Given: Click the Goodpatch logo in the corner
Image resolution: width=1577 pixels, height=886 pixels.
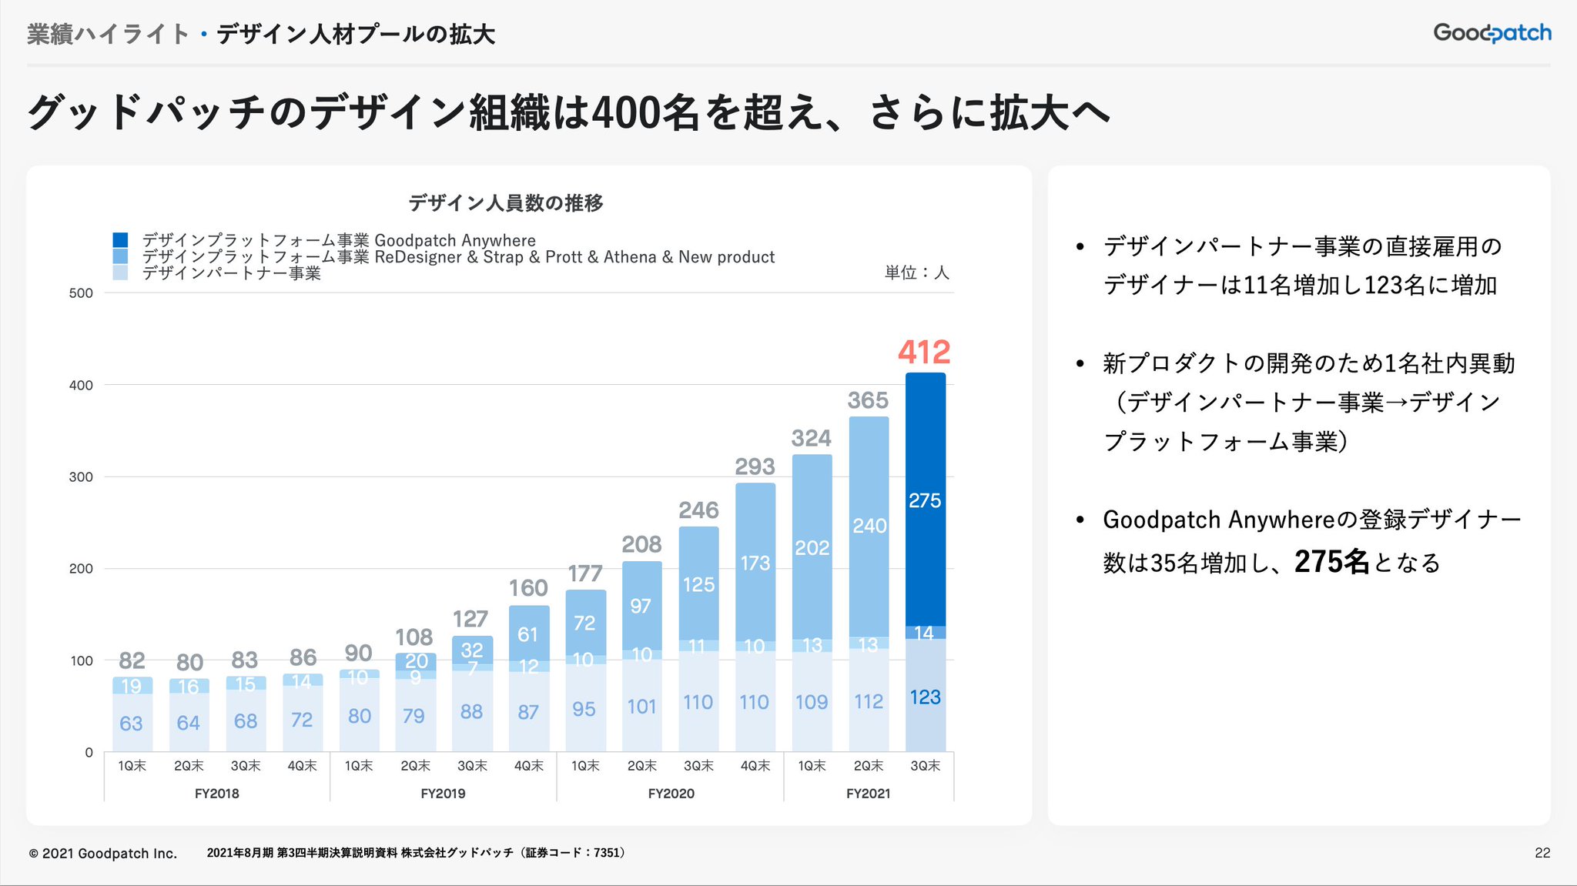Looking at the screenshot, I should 1492,33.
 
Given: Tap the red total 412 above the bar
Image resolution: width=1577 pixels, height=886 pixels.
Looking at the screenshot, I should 924,353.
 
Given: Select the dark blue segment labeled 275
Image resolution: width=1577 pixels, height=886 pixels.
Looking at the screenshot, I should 925,500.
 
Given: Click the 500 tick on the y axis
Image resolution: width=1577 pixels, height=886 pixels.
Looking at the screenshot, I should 81,293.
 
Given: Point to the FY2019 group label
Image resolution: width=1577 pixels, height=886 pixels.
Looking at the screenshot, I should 443,794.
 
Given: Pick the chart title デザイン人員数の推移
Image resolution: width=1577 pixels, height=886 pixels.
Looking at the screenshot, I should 506,203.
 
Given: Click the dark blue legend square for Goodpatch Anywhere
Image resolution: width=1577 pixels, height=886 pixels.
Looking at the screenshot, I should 120,240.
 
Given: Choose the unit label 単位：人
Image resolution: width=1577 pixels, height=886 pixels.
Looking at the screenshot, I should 916,272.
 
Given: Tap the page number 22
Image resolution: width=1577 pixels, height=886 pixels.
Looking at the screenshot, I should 1542,853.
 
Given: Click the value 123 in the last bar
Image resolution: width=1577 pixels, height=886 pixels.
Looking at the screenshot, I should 925,697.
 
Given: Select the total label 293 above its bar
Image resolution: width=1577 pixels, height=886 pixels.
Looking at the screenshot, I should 755,466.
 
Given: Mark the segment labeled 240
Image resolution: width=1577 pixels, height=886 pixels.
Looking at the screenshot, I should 869,526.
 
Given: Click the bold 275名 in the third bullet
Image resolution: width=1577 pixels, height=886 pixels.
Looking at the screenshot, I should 1331,562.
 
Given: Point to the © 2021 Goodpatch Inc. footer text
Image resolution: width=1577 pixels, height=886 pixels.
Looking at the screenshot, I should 103,854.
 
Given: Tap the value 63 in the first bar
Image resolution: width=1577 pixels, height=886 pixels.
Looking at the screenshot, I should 131,724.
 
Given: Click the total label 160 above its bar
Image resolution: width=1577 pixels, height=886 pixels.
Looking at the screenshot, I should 528,588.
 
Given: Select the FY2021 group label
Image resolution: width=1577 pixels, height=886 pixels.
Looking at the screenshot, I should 868,794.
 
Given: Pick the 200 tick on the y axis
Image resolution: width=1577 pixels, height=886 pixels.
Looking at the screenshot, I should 81,569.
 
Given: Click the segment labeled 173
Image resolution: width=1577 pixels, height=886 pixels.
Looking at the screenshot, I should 755,563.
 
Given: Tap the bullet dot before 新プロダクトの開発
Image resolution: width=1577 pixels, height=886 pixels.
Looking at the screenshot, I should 1080,363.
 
